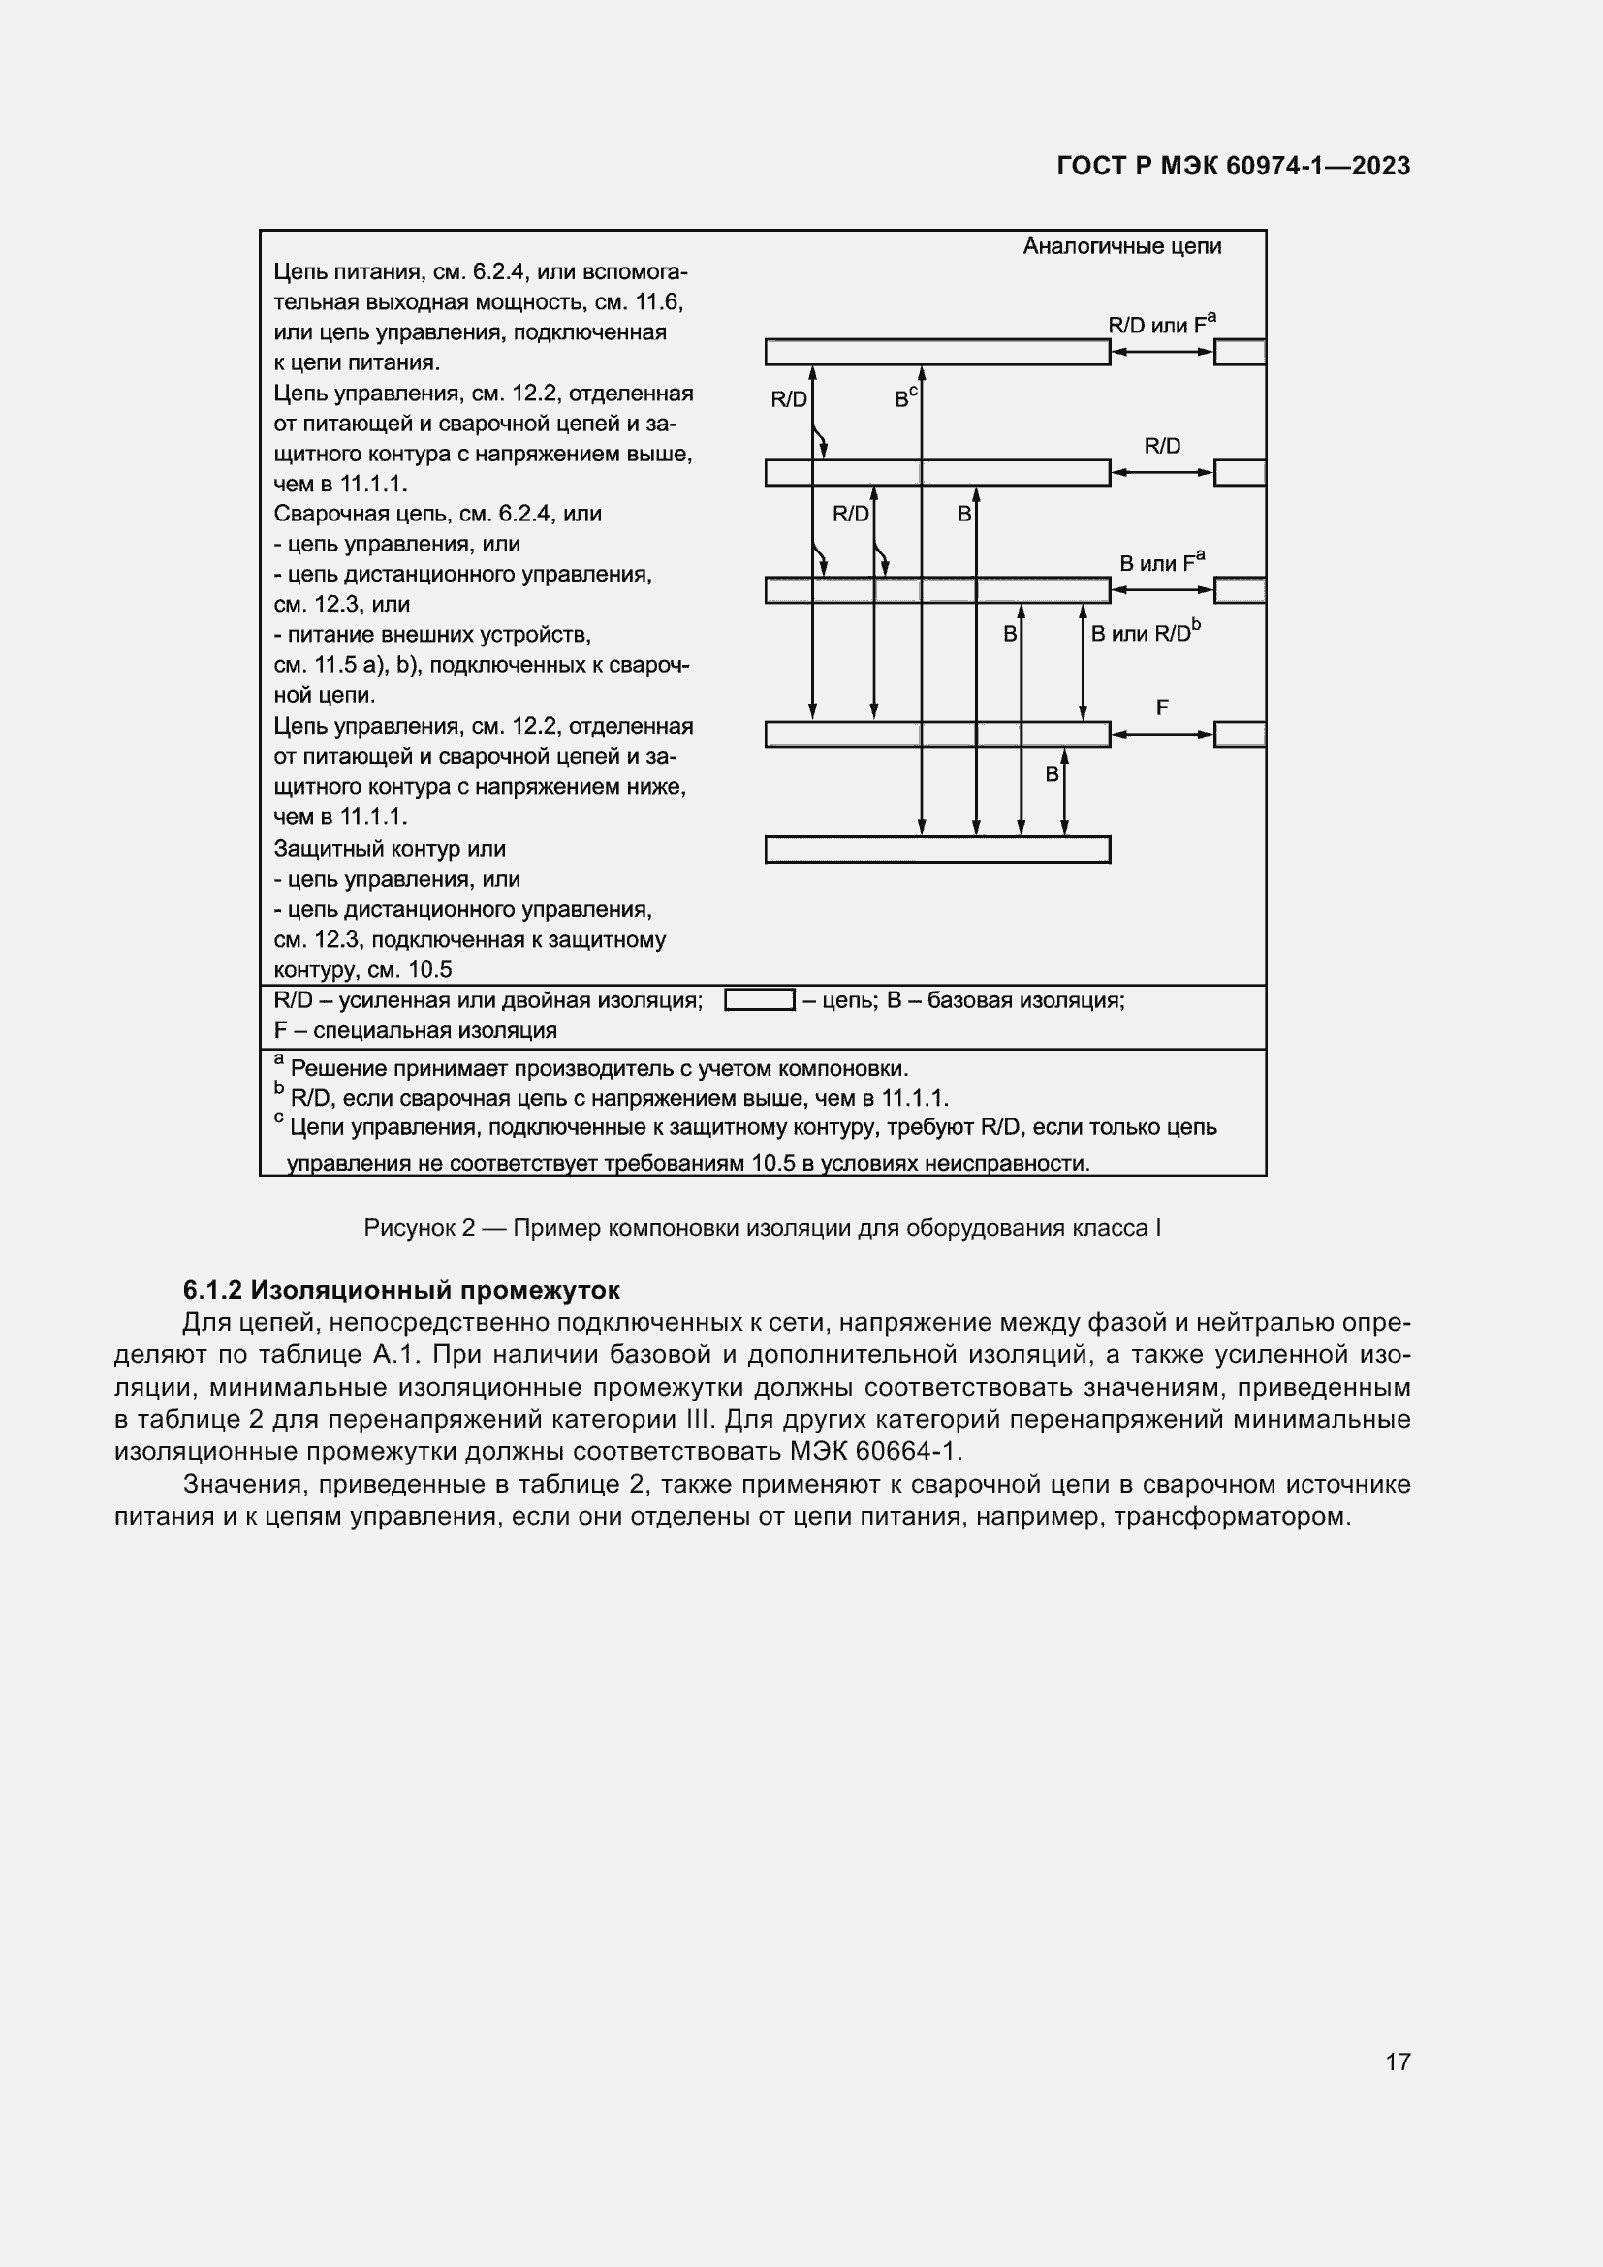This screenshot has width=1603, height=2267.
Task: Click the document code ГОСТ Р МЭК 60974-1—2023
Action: [x=1233, y=166]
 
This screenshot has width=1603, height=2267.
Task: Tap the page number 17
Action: [x=1398, y=2061]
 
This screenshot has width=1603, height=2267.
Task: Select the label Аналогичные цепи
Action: [x=1121, y=246]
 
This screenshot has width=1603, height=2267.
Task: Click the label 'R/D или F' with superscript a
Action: [x=1161, y=324]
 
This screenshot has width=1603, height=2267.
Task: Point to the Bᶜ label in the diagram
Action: [x=905, y=398]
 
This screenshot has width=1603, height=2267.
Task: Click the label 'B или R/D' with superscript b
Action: [x=1145, y=633]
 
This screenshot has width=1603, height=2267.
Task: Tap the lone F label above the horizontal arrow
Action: [x=1162, y=707]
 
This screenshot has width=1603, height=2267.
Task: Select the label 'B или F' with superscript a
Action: [x=1161, y=563]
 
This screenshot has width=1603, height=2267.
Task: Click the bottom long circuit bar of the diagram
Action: [x=937, y=849]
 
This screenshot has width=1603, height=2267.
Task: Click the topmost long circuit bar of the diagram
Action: [x=937, y=352]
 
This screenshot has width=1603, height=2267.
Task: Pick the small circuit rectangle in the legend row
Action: [x=759, y=999]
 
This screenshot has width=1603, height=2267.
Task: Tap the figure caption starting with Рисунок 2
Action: [x=762, y=1227]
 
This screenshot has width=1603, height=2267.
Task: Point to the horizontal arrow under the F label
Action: [x=1162, y=734]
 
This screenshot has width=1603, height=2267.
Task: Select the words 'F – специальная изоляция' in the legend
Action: [x=415, y=1030]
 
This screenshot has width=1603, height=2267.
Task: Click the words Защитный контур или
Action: [x=389, y=848]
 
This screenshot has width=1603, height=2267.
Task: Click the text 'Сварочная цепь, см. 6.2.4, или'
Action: [x=436, y=514]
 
